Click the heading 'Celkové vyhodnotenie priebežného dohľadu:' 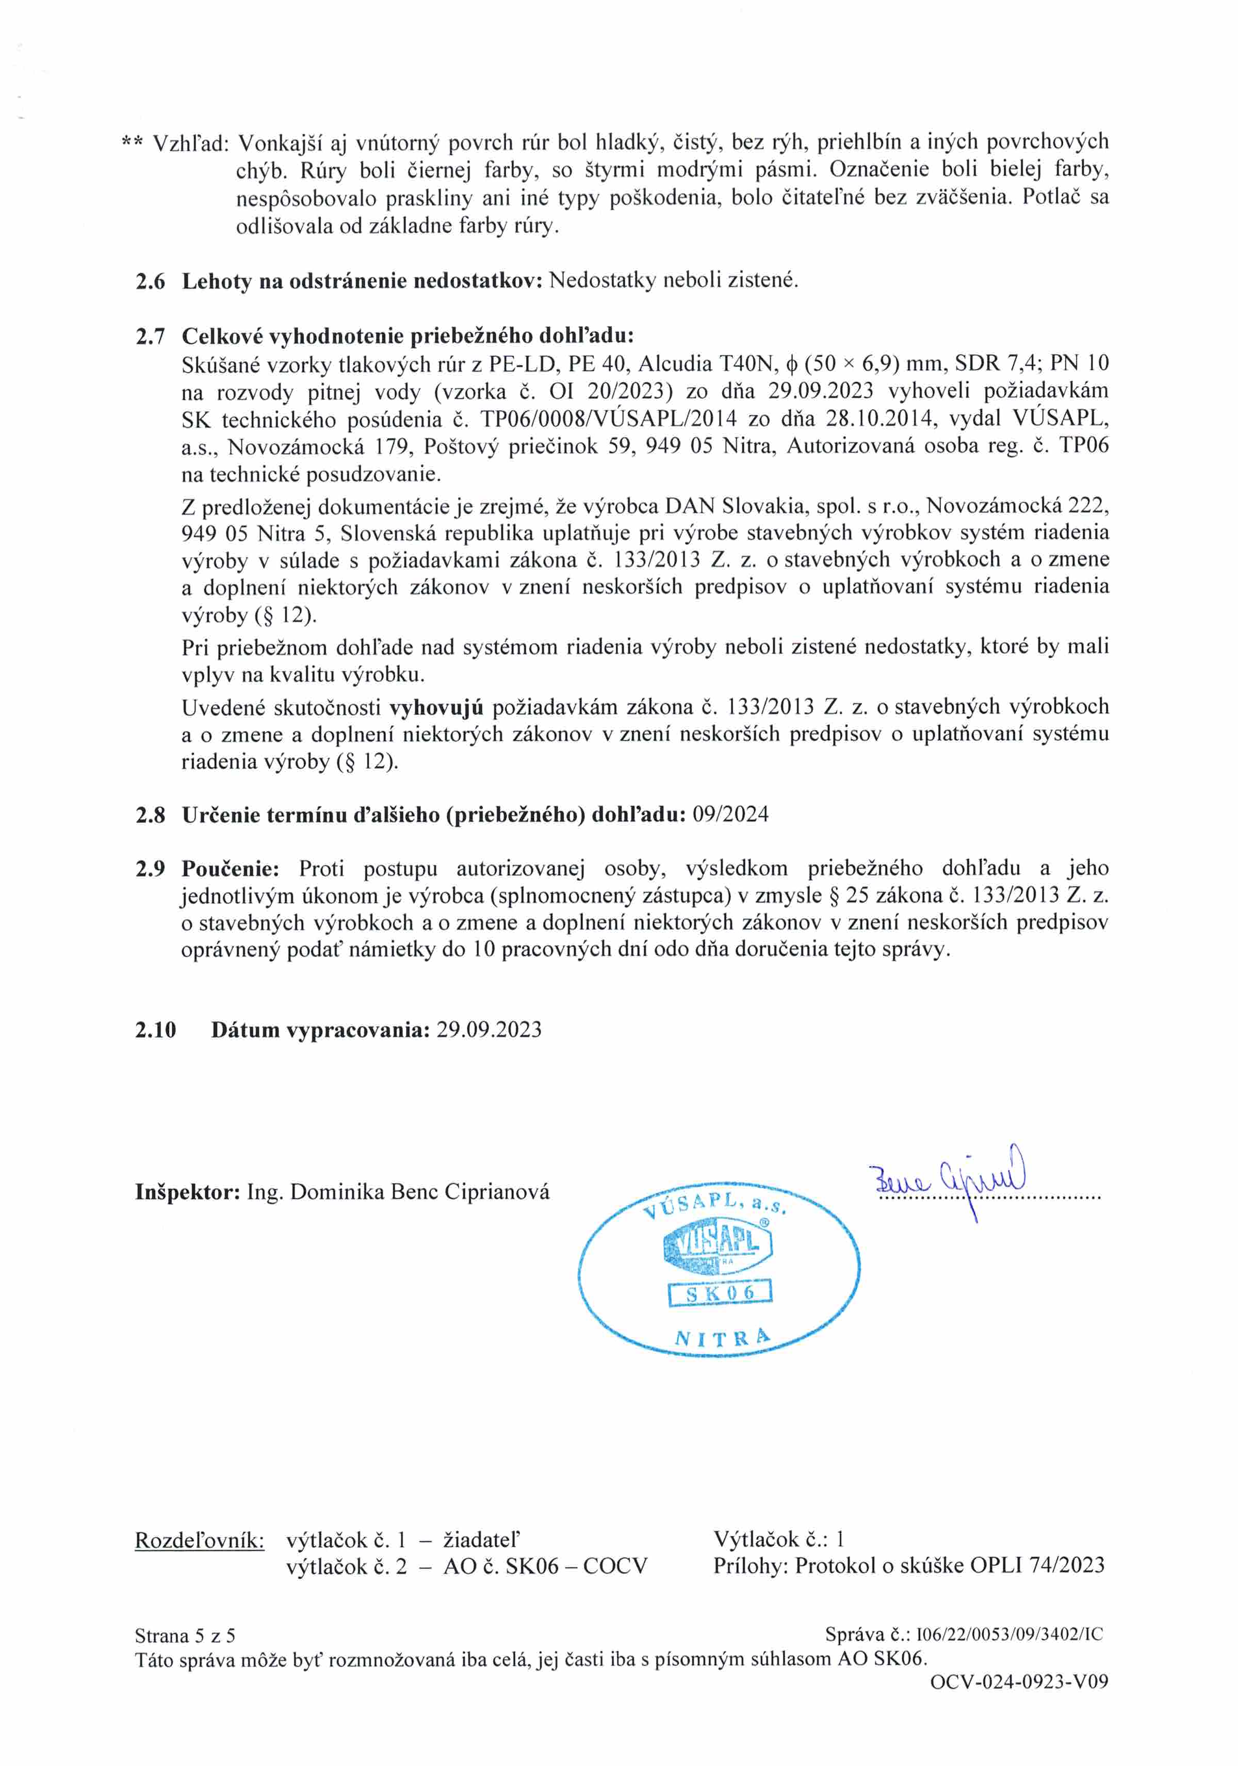pos(408,336)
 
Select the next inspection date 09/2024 pos(730,815)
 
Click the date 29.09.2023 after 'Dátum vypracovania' pos(489,1030)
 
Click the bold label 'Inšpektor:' pos(188,1192)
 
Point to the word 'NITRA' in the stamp pos(721,1338)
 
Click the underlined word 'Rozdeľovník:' pos(199,1540)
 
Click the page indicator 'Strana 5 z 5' pos(185,1635)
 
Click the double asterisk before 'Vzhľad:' pos(132,143)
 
